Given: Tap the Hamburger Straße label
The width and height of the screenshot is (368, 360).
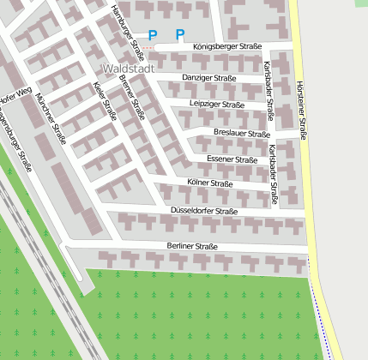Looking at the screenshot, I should tap(130, 25).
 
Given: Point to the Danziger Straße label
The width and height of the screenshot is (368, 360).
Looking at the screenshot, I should tap(209, 78).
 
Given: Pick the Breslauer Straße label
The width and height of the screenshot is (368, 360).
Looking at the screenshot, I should tap(240, 134).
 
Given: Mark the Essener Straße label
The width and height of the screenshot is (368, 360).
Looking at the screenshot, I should tap(232, 159).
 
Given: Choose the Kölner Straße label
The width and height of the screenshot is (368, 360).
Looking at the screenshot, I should tap(209, 183).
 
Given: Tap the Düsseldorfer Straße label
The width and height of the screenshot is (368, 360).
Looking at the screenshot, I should tap(203, 211).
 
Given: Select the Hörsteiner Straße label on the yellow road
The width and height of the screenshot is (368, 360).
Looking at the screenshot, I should tap(301, 111).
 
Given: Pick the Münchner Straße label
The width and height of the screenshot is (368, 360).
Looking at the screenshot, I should tap(52, 119).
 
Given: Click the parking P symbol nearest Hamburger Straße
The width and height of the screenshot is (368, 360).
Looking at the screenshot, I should tap(153, 35).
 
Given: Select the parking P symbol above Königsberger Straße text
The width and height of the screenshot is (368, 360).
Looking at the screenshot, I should tap(180, 35).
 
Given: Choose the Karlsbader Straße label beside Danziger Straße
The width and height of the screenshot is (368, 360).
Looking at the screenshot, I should tap(268, 89).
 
